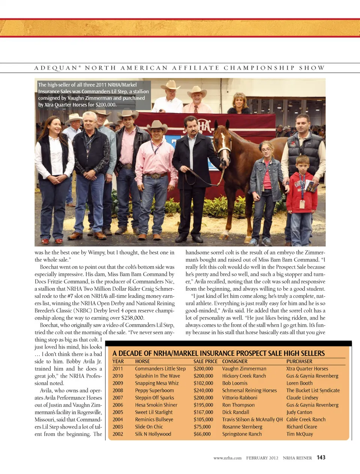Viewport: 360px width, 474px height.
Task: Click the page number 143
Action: tap(321, 458)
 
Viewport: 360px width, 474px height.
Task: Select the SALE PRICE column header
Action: tap(205, 362)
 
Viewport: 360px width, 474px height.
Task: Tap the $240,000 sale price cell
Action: tap(203, 390)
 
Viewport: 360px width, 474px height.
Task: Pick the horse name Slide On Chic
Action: tap(149, 427)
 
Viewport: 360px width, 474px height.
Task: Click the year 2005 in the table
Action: tap(118, 412)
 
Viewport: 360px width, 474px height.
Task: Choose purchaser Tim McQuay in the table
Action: tap(300, 434)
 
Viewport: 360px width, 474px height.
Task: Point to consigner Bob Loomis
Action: tap(235, 383)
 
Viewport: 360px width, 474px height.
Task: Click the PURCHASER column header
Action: tap(299, 362)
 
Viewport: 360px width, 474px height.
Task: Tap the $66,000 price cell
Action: tap(202, 434)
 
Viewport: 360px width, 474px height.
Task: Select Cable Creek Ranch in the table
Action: tap(306, 420)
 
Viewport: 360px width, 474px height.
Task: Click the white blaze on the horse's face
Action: tap(222, 144)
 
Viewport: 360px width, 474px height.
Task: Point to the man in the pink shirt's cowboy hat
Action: tap(157, 126)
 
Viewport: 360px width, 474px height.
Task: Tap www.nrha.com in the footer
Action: tap(227, 458)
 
